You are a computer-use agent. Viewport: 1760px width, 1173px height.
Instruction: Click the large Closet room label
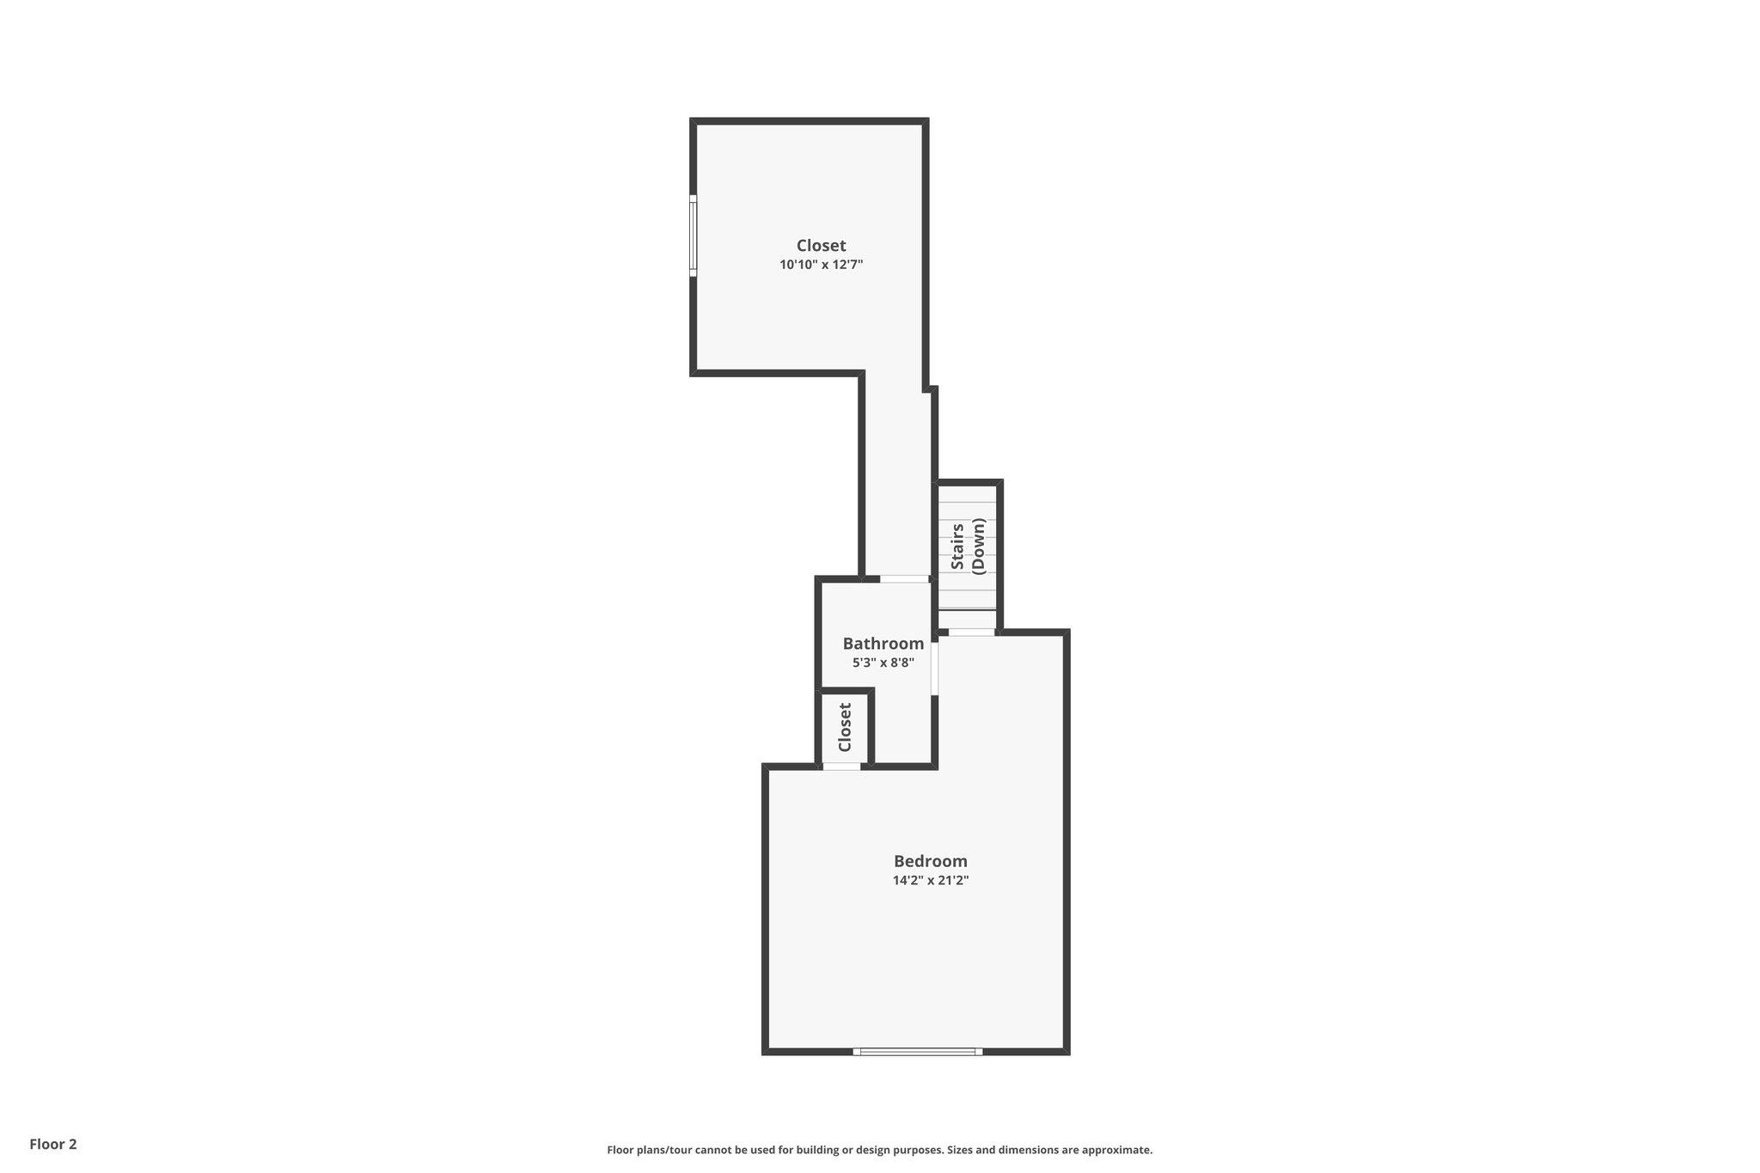[821, 246]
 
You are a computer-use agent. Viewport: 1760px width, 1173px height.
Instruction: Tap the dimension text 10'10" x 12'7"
[821, 265]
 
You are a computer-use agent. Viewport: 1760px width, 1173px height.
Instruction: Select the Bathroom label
[883, 644]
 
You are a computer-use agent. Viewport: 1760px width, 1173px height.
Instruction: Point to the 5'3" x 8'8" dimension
[883, 663]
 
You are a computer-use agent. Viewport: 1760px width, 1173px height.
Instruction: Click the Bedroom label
[930, 861]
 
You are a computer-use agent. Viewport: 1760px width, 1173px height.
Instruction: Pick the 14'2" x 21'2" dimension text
[930, 880]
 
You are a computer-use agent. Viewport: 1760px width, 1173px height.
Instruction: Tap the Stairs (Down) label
[967, 546]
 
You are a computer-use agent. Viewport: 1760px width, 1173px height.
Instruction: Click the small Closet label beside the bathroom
[845, 727]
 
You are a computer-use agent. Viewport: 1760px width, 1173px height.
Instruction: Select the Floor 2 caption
[53, 1144]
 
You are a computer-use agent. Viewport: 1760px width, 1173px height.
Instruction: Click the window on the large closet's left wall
[694, 235]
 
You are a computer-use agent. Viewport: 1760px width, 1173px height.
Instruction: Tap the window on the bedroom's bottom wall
[917, 1051]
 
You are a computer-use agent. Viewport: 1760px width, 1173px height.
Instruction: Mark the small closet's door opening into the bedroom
[841, 766]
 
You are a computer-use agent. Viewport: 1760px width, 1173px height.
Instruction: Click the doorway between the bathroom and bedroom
[934, 669]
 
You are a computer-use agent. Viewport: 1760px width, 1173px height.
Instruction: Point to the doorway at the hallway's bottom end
[904, 579]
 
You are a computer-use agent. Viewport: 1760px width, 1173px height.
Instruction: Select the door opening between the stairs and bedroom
[971, 632]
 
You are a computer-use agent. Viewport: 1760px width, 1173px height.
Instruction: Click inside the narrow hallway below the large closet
[896, 481]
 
